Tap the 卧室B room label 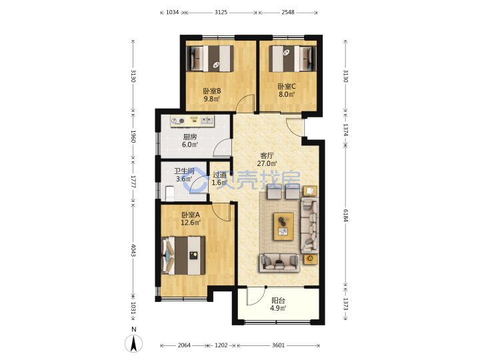[212, 91]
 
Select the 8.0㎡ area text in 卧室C [287, 94]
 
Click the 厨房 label [190, 137]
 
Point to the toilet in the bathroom [169, 193]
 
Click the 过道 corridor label [219, 175]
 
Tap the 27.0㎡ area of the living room [267, 163]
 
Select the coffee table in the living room [283, 227]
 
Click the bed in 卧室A [183, 255]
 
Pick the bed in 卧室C [292, 59]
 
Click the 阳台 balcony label [278, 301]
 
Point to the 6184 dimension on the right [345, 216]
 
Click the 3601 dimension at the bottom [278, 345]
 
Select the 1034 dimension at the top [173, 12]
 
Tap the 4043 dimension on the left [133, 251]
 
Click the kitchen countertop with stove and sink [192, 121]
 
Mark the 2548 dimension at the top [288, 12]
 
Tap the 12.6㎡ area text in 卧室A [191, 223]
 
